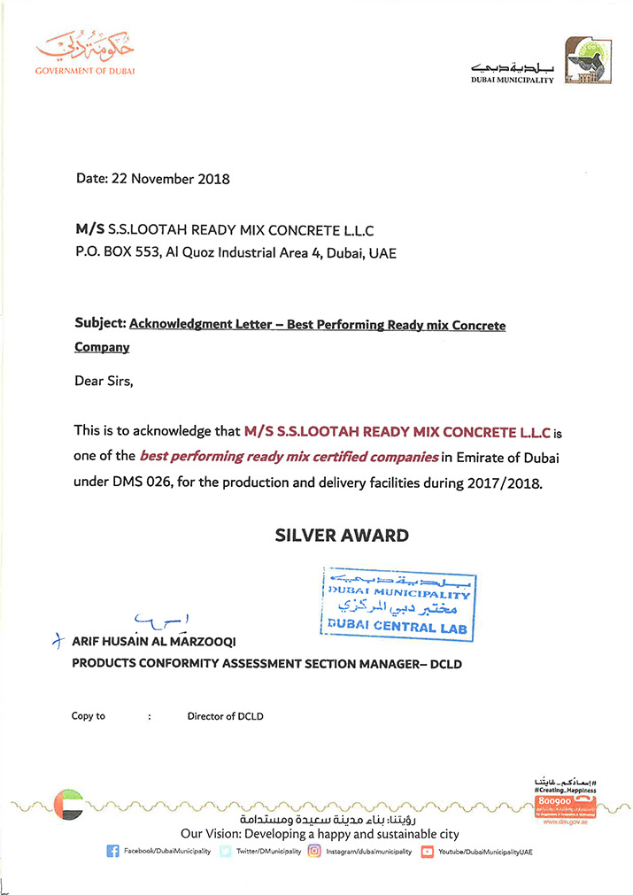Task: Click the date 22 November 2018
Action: (x=169, y=179)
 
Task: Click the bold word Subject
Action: (x=100, y=325)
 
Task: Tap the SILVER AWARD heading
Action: (x=341, y=535)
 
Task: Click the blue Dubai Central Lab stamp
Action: (x=398, y=604)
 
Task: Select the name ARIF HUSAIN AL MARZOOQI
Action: (x=159, y=641)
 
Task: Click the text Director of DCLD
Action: (x=225, y=716)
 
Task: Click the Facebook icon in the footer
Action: (x=112, y=852)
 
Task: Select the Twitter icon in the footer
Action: (x=226, y=852)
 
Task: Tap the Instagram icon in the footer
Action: (x=313, y=852)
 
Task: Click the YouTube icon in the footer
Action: (x=428, y=852)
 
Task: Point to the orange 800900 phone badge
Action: (x=555, y=800)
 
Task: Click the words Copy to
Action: (x=89, y=716)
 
